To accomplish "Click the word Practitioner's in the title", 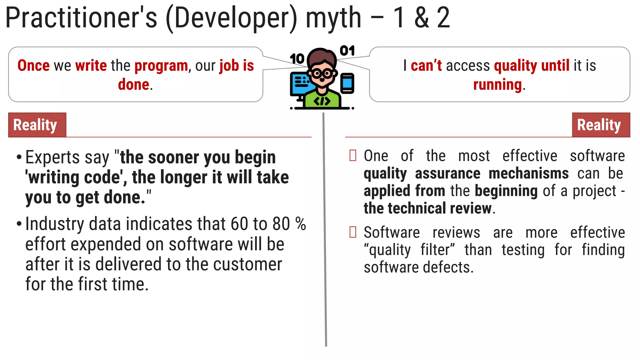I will tap(81, 18).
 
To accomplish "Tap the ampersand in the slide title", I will tap(422, 18).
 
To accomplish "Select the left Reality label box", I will tap(37, 125).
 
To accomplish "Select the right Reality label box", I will tap(601, 125).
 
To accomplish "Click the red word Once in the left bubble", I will tap(33, 66).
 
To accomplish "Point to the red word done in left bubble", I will tap(133, 85).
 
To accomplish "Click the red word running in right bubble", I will tap(497, 85).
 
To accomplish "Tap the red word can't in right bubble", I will tap(426, 66).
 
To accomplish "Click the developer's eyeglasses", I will tap(322, 74).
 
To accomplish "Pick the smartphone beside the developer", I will tap(347, 83).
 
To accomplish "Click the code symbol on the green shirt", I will tap(322, 101).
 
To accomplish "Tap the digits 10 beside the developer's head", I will tap(297, 58).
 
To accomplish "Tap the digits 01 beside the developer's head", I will tap(347, 51).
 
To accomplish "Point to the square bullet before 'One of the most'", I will tap(353, 155).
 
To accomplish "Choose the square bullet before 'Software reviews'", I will tap(353, 232).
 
